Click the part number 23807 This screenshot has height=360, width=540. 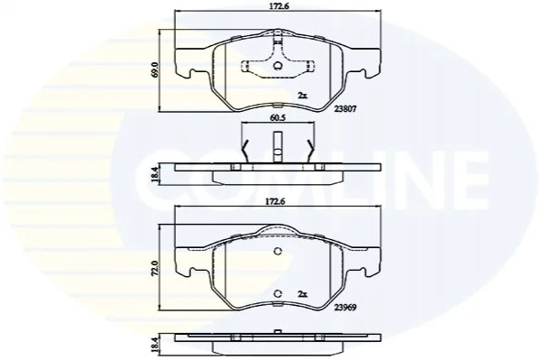[344, 108]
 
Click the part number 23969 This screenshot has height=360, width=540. [344, 307]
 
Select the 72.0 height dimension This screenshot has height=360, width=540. [155, 268]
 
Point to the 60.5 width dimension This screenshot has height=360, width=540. [278, 118]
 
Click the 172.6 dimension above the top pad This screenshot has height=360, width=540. [278, 6]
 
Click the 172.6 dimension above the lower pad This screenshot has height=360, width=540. [278, 201]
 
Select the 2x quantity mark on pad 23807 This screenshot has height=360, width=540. [302, 96]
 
